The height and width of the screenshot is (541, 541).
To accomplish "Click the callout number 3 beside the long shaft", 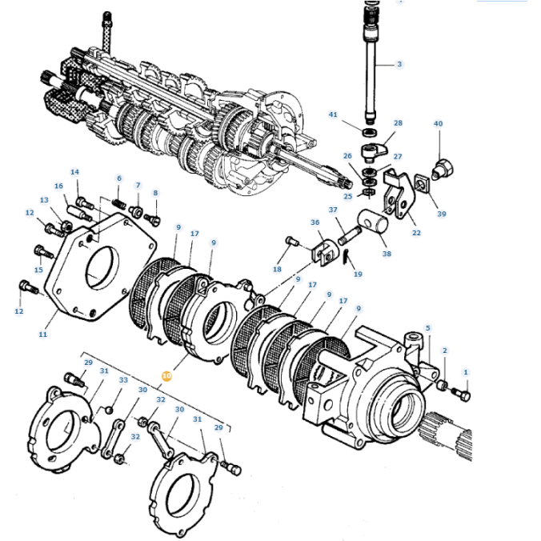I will pos(400,64).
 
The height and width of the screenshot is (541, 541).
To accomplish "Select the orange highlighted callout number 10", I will pos(166,374).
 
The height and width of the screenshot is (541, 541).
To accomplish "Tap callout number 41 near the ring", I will pos(334,114).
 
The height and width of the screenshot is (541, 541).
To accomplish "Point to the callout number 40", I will pos(438,123).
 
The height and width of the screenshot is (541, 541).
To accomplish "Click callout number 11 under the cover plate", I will pos(42,335).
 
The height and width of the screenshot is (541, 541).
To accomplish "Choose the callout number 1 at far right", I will pos(466,372).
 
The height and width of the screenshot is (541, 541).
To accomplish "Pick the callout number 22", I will pos(416,233).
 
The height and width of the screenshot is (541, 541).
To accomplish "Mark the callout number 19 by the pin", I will pos(358,274).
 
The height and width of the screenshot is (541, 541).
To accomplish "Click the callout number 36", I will pos(315,223).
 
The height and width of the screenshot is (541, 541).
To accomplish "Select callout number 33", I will pos(123,379).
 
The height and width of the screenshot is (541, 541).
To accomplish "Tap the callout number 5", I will pos(427,328).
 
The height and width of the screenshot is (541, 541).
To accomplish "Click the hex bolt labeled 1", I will pos(462,394).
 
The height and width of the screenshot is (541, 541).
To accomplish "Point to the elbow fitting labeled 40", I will pos(440,169).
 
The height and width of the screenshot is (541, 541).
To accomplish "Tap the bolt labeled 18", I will pos(291,241).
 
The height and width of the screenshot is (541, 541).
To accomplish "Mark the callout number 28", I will pos(398,123).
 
